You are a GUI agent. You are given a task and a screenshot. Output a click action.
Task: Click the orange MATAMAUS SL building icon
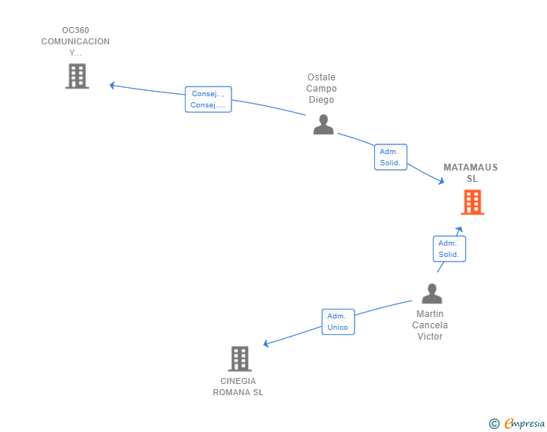pyautogui.click(x=473, y=202)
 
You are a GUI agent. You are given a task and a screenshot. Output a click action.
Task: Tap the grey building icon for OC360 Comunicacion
pyautogui.click(x=77, y=76)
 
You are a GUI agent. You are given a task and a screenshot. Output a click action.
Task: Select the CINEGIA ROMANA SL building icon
pyautogui.click(x=240, y=358)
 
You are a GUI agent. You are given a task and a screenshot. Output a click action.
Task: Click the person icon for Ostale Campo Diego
pyautogui.click(x=323, y=124)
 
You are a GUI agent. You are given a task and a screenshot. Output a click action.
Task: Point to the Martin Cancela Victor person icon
pyautogui.click(x=432, y=293)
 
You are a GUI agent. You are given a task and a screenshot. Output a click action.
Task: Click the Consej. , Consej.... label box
pyautogui.click(x=208, y=99)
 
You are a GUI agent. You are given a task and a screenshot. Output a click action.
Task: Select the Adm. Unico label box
pyautogui.click(x=338, y=322)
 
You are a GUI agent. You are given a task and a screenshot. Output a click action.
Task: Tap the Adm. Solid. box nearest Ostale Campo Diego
pyautogui.click(x=391, y=157)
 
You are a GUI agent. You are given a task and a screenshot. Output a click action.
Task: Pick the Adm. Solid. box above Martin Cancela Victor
pyautogui.click(x=449, y=249)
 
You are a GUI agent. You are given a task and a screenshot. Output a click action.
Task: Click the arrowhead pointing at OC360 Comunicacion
pyautogui.click(x=112, y=85)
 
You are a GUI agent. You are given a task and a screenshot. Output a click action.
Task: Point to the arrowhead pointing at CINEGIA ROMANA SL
pyautogui.click(x=266, y=343)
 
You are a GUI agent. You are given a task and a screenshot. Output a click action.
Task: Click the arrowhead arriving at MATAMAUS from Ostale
pyautogui.click(x=442, y=181)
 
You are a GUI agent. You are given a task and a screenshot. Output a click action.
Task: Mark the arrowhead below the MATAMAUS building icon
pyautogui.click(x=459, y=230)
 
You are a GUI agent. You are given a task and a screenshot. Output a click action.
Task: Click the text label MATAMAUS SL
pyautogui.click(x=470, y=173)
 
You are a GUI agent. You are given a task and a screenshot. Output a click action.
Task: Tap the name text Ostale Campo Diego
pyautogui.click(x=322, y=89)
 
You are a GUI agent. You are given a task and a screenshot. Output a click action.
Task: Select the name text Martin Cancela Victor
pyautogui.click(x=430, y=325)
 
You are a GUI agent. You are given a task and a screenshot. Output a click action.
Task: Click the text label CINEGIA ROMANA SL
pyautogui.click(x=238, y=386)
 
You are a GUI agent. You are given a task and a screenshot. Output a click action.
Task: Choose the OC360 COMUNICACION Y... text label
pyautogui.click(x=75, y=41)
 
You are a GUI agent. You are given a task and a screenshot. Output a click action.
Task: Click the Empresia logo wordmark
pyautogui.click(x=524, y=423)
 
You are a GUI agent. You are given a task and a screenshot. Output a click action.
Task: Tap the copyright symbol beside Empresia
pyautogui.click(x=494, y=424)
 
